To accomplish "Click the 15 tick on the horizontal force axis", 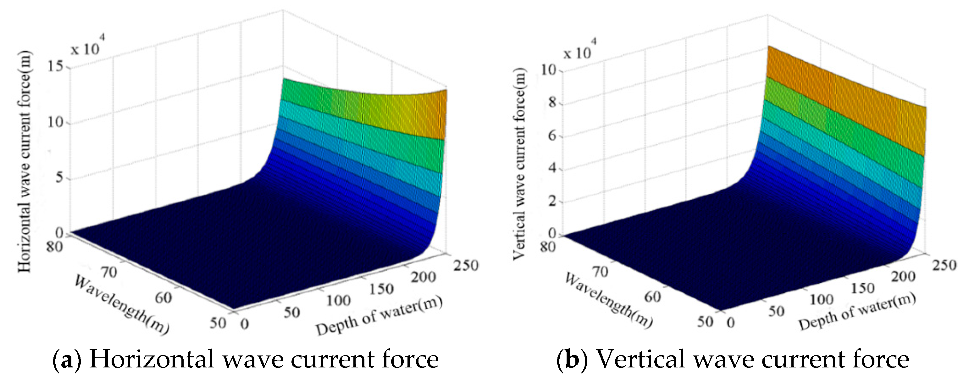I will tap(56, 67).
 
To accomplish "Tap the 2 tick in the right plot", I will tap(552, 201).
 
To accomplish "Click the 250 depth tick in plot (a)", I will tap(466, 265).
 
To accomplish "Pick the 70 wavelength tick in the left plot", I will tap(110, 272).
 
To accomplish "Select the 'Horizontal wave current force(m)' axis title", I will tap(25, 161).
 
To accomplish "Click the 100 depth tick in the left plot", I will tap(338, 301).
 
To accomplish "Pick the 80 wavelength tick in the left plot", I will tap(54, 247).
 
